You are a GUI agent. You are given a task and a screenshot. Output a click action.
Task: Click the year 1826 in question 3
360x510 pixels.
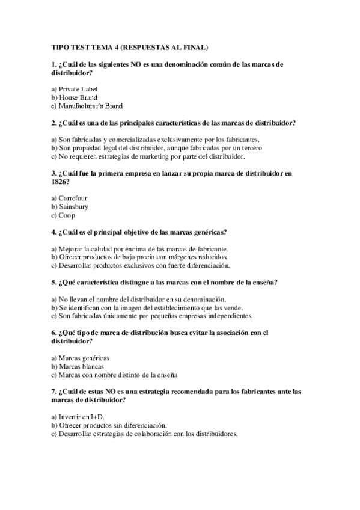pos(60,182)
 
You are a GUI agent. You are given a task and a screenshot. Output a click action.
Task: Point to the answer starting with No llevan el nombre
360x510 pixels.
pos(138,299)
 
